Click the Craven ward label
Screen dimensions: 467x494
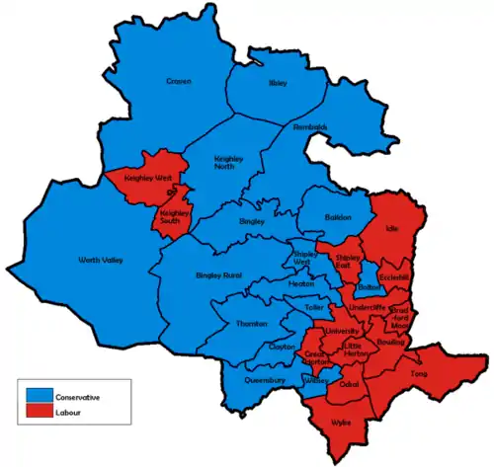(x=178, y=81)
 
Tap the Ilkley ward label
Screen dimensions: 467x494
(x=278, y=83)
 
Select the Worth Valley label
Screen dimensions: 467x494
(x=96, y=261)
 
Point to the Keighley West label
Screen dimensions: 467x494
(x=144, y=179)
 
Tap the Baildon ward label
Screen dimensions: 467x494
(x=339, y=217)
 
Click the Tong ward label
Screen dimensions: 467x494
(x=421, y=373)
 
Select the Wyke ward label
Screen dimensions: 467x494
(x=342, y=422)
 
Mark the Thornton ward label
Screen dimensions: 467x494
(x=253, y=324)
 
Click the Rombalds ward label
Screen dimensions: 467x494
(x=310, y=127)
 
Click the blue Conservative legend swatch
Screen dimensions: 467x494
(x=41, y=396)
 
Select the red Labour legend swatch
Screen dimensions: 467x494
(x=41, y=411)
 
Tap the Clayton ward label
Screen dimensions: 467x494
(x=282, y=348)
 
